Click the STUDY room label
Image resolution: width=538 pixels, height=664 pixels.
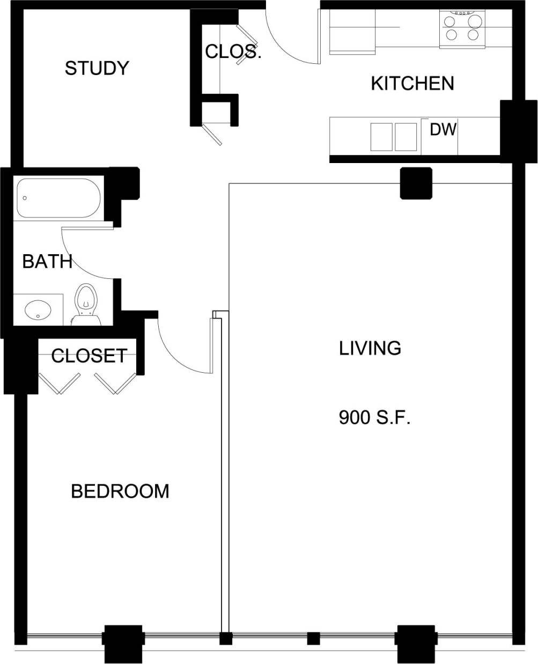tap(97, 68)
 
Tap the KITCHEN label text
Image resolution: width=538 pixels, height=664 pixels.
tap(412, 83)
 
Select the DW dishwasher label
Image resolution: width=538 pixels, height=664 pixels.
tap(443, 129)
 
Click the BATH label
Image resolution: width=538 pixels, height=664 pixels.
tap(47, 262)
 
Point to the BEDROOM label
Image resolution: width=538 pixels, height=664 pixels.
tap(120, 491)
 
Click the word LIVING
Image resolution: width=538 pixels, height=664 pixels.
tap(370, 348)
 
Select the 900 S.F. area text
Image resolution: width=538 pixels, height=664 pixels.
tap(374, 417)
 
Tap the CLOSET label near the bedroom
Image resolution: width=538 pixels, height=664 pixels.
tap(89, 356)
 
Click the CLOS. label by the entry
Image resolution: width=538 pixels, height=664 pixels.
tap(233, 51)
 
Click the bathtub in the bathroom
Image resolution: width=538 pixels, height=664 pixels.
tap(58, 198)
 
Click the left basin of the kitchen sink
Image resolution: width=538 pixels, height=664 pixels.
tap(381, 137)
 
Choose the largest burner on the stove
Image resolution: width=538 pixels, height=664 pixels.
tap(474, 21)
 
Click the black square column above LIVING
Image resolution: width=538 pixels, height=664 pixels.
tap(416, 183)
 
